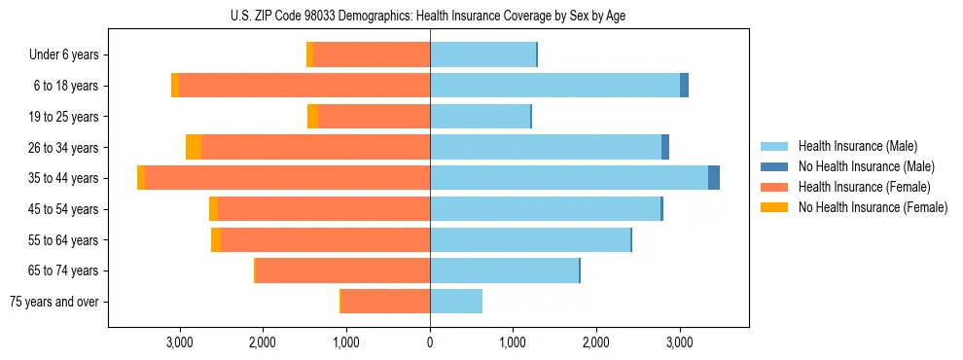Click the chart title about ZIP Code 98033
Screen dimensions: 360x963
(429, 16)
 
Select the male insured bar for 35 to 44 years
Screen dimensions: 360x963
(569, 178)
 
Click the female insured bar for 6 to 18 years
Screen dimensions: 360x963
(304, 86)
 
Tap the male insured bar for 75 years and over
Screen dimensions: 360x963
(456, 302)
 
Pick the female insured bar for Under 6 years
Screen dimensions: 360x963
(372, 54)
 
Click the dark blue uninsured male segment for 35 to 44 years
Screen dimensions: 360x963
(714, 178)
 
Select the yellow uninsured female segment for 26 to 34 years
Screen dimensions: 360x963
(194, 147)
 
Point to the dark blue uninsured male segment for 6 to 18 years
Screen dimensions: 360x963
(684, 86)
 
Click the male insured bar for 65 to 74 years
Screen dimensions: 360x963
(504, 270)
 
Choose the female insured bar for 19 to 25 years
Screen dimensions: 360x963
(374, 117)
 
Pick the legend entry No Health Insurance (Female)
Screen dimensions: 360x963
(873, 207)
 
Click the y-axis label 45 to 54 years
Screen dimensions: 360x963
(63, 209)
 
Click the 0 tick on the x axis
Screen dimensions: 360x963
(430, 342)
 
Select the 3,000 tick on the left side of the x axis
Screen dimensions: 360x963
(180, 342)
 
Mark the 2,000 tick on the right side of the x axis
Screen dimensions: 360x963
(596, 342)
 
